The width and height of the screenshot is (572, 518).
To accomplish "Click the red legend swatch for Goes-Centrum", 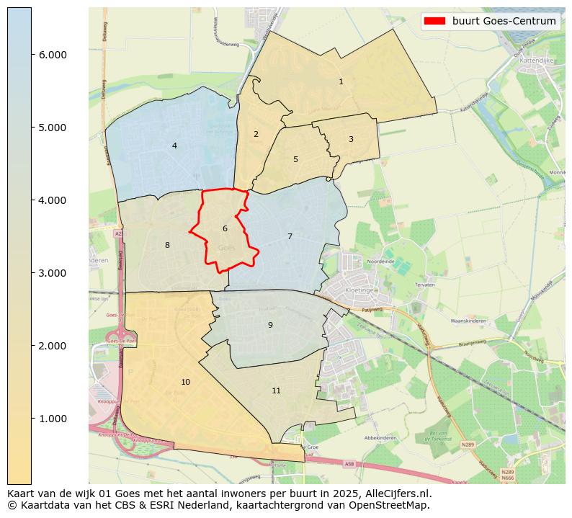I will point(436,21).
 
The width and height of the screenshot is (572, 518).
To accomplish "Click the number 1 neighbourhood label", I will point(341,82).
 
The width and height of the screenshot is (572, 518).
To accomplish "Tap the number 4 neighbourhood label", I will point(174,146).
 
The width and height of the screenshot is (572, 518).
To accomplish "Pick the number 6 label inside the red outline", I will point(225,229).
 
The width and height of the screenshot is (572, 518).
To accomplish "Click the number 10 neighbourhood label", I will point(186,383).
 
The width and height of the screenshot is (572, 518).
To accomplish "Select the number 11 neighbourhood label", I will point(276,391).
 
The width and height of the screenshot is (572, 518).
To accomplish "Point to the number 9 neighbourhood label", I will point(270,325).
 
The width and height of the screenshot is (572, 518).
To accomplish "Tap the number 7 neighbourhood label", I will point(290,237).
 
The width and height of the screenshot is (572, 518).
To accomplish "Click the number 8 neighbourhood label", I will point(167,246).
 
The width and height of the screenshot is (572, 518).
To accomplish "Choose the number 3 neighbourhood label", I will point(351,140).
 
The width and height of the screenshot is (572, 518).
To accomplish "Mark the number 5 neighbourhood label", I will point(295,160).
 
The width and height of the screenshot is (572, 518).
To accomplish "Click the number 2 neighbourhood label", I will point(256,135).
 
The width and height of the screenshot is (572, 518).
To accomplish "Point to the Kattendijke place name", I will point(536,62).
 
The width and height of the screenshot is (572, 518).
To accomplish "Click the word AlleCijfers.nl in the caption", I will point(396,494).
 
